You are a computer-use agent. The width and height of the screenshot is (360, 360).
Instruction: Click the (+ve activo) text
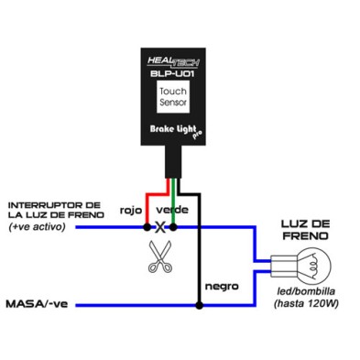pyautogui.click(x=38, y=226)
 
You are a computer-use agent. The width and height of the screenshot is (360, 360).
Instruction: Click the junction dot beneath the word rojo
pyautogui.click(x=146, y=226)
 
